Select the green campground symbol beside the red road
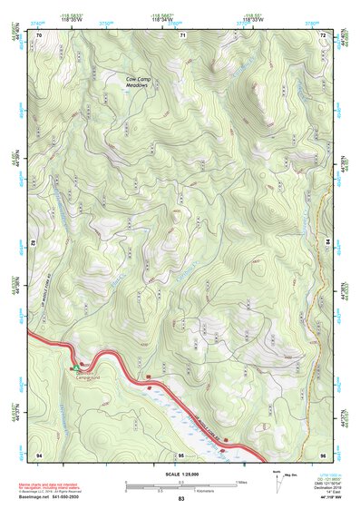(73, 368)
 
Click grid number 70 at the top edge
(39, 34)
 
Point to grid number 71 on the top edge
(182, 34)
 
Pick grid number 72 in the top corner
(323, 34)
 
